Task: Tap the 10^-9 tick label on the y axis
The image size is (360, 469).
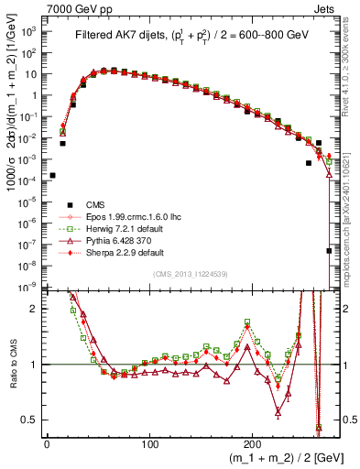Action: point(29,288)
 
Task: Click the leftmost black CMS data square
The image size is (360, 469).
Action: point(52,175)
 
